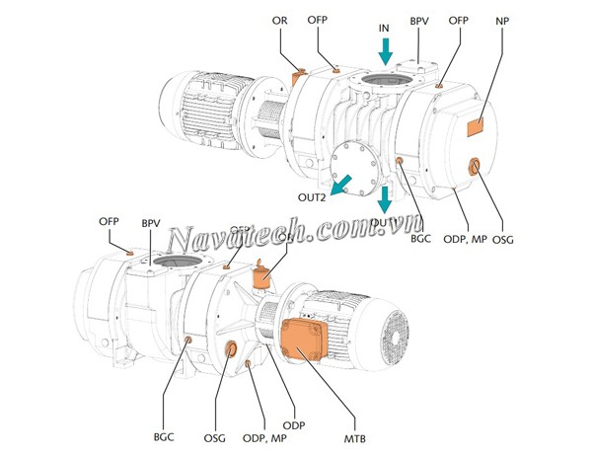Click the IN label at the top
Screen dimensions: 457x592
(x=385, y=30)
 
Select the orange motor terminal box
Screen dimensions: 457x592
(x=306, y=341)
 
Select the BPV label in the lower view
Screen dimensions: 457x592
(x=151, y=224)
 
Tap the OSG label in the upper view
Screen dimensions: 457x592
(x=503, y=239)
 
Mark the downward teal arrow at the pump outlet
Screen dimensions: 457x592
(x=385, y=200)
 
